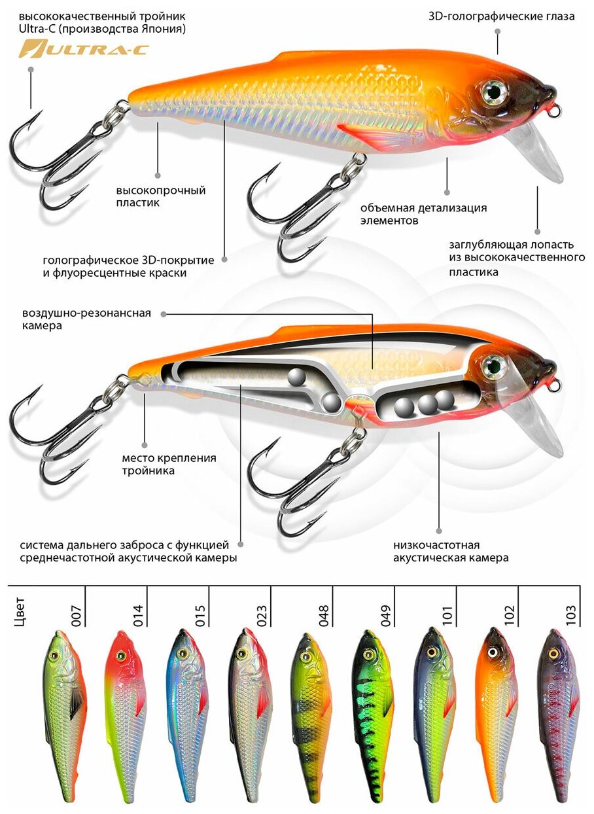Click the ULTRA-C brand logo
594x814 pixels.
pos(83,49)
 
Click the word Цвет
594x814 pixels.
pos(20,611)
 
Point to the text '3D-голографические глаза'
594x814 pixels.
pos(502,16)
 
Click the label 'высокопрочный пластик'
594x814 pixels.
pos(161,196)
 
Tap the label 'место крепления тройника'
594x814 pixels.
pos(169,464)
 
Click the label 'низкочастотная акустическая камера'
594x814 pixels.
pos(451,552)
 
